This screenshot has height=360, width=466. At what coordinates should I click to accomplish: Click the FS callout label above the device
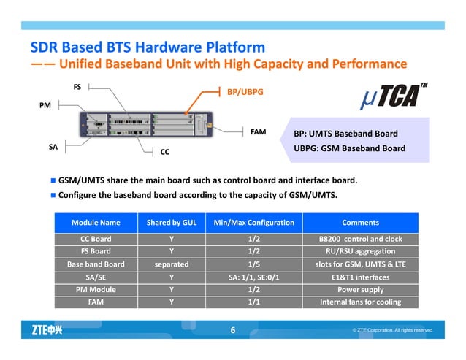coord(77,87)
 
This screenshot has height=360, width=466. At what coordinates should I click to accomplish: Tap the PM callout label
coord(45,107)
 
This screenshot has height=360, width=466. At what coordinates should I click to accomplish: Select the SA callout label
coord(53,147)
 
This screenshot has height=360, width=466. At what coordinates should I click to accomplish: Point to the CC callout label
coord(165,154)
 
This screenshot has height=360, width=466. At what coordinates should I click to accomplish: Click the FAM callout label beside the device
coord(258,133)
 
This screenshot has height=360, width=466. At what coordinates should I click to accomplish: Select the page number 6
coord(233,331)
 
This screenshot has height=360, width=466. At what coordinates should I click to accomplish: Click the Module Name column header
coord(96,222)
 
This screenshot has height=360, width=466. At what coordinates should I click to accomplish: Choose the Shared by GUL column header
coord(171,222)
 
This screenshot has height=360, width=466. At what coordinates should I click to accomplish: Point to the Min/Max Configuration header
coord(254,222)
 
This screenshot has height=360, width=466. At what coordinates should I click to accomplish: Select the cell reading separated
coord(171,264)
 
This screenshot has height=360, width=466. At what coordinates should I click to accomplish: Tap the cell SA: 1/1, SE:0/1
coord(254,277)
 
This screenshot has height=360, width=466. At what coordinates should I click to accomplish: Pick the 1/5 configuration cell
coord(254,264)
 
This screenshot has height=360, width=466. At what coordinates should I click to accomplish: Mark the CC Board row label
coord(96,239)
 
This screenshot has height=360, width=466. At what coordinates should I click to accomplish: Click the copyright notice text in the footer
coord(393,331)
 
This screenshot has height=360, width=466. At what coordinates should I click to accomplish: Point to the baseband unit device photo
coord(146,125)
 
